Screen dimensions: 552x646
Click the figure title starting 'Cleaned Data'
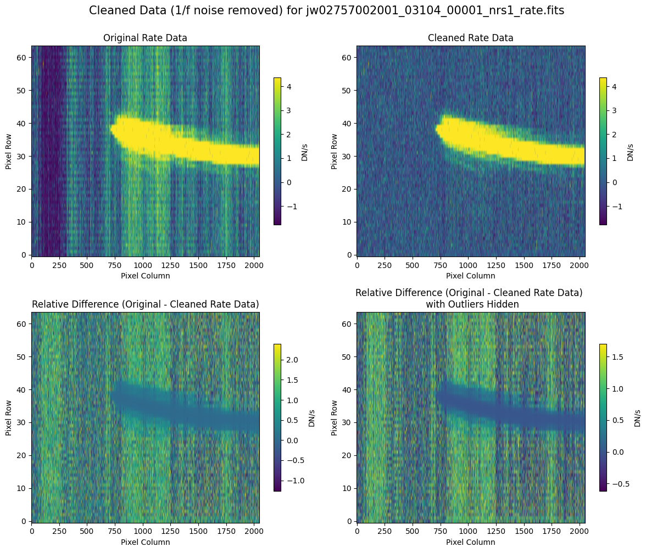pyautogui.click(x=326, y=10)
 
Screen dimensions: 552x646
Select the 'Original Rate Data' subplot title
pyautogui.click(x=145, y=38)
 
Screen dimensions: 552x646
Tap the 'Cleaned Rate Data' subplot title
pyautogui.click(x=471, y=38)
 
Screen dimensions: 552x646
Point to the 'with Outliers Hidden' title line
pyautogui.click(x=471, y=304)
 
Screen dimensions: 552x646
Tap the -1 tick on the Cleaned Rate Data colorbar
pyautogui.click(x=614, y=207)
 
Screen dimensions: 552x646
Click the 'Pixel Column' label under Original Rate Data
pyautogui.click(x=145, y=276)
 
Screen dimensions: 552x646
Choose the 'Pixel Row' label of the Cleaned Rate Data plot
pyautogui.click(x=334, y=150)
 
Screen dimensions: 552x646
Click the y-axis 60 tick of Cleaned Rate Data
pyautogui.click(x=349, y=57)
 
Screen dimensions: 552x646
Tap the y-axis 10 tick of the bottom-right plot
pyautogui.click(x=349, y=488)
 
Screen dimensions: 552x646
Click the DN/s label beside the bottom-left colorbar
pyautogui.click(x=311, y=417)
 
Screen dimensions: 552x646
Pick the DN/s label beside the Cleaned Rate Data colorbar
pyautogui.click(x=630, y=150)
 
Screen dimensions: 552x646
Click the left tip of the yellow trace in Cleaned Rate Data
pyautogui.click(x=437, y=129)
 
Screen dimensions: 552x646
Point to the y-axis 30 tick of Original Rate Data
pyautogui.click(x=24, y=156)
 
